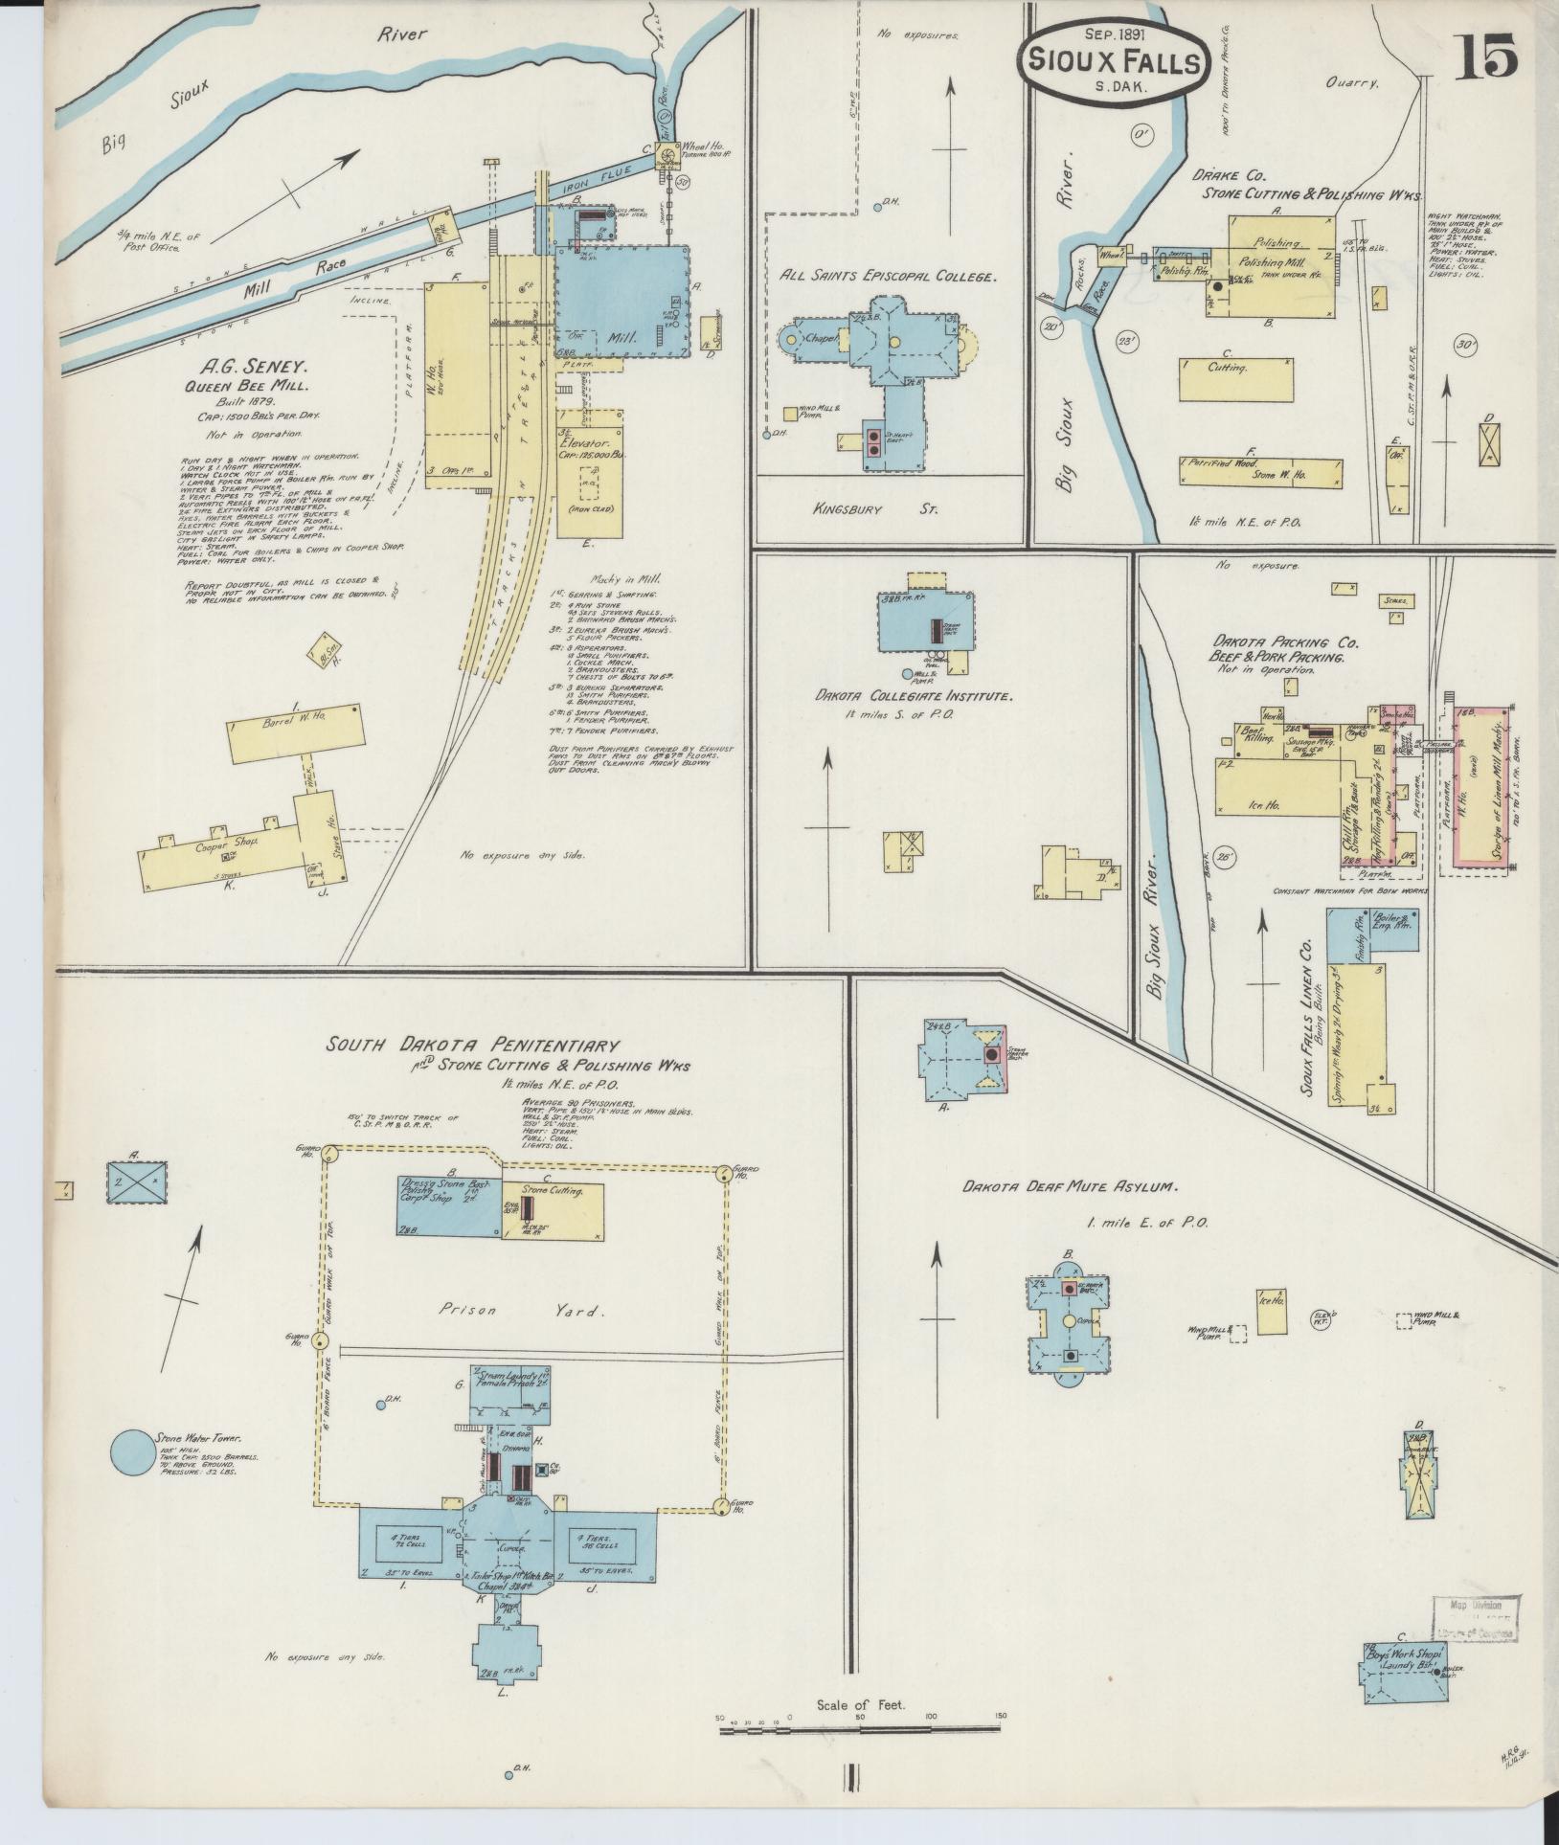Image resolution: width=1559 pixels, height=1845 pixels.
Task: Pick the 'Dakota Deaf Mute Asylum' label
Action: point(1070,1187)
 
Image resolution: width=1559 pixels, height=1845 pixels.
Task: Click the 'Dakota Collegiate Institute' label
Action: point(914,697)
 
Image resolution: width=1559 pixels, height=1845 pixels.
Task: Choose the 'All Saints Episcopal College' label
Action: point(889,276)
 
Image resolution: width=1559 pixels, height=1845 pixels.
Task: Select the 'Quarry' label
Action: point(1352,83)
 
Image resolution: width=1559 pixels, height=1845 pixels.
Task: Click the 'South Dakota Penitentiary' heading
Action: point(472,1045)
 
